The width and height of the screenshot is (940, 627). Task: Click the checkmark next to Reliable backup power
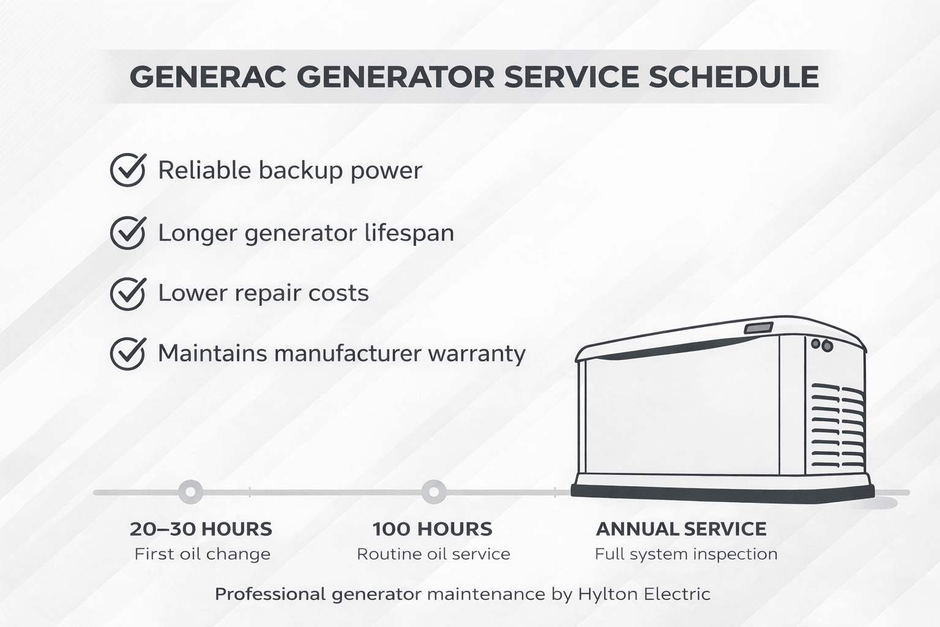click(128, 170)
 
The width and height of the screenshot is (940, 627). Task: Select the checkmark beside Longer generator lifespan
click(128, 233)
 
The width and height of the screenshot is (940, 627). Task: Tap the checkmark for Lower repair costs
click(128, 293)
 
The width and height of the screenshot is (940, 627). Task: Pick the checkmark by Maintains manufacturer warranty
click(128, 353)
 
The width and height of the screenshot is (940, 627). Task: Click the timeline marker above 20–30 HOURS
click(190, 491)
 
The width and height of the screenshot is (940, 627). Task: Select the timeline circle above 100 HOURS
click(433, 491)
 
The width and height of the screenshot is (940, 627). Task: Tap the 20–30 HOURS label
click(201, 529)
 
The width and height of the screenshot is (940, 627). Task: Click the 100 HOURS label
click(432, 529)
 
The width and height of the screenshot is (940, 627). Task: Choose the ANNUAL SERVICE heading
click(681, 529)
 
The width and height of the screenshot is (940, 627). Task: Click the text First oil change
click(202, 554)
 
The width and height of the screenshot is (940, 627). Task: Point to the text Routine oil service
click(433, 554)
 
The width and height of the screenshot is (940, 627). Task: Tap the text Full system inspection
click(686, 554)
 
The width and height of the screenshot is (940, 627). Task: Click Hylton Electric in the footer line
click(644, 594)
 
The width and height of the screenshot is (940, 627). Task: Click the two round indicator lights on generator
click(821, 345)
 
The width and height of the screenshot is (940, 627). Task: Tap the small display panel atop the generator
click(759, 328)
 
